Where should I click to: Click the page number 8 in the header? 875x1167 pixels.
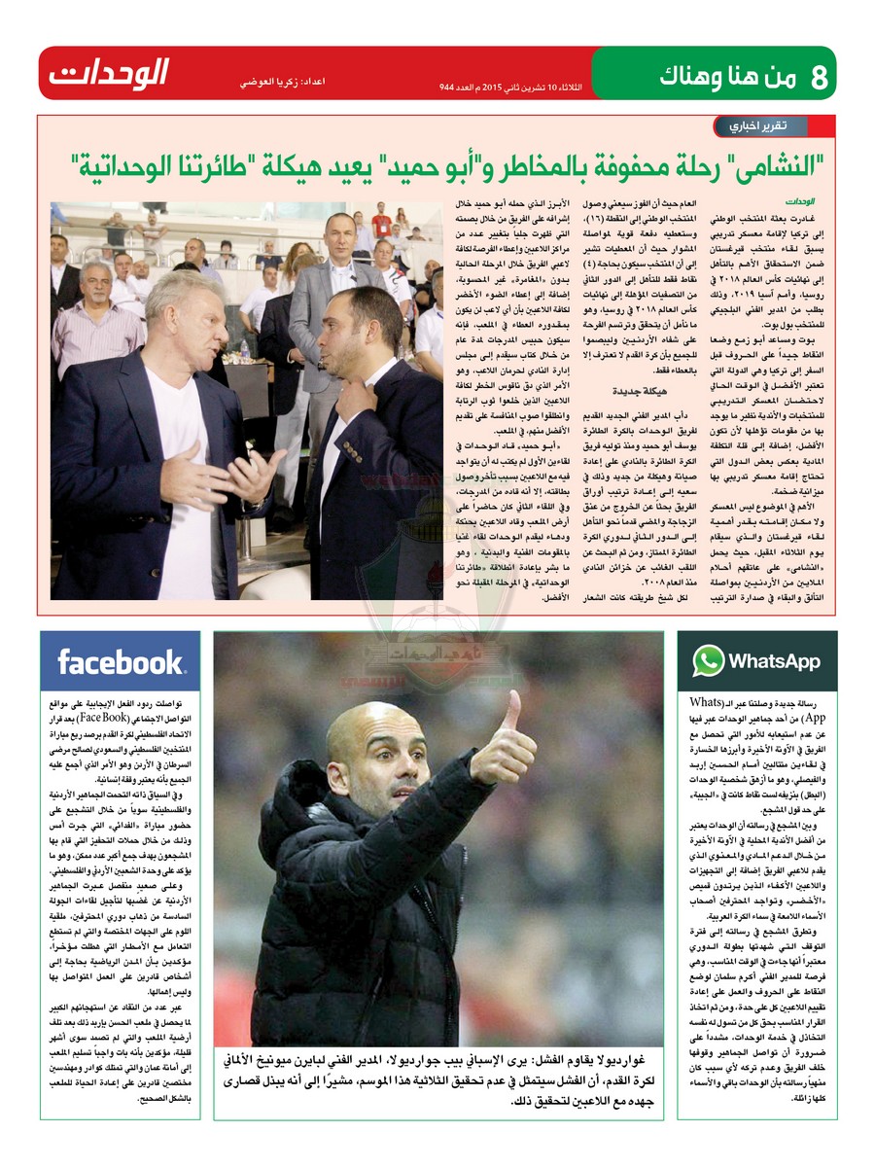click(818, 76)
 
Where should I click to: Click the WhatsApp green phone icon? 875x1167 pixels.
click(708, 661)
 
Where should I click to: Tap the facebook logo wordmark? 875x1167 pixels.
click(121, 662)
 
